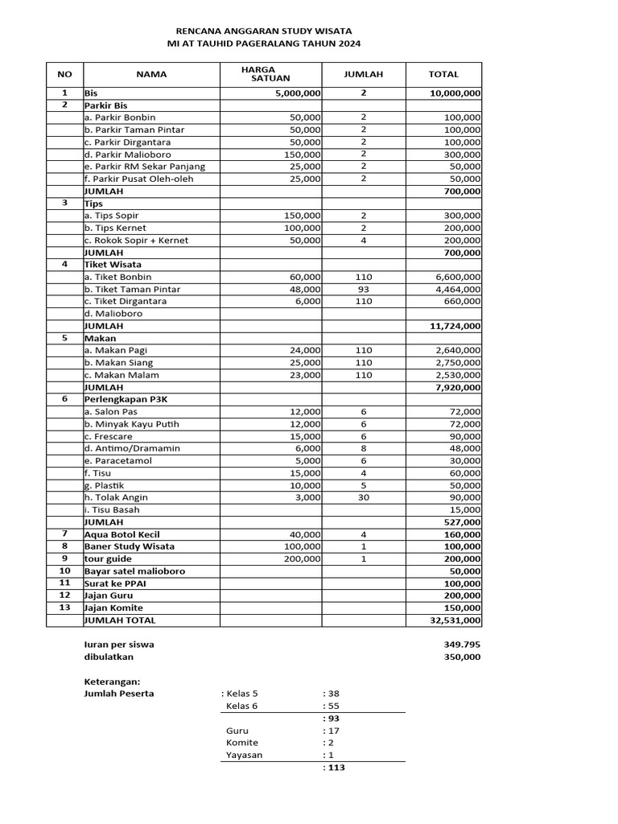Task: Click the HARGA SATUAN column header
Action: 270,74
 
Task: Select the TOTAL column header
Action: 443,74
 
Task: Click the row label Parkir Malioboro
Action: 127,154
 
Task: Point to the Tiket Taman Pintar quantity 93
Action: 363,289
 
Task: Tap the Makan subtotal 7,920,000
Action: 458,387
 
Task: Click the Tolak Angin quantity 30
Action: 363,497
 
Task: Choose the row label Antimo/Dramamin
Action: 132,448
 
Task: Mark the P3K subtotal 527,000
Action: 462,521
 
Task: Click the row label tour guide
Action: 109,558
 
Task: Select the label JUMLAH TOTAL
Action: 120,620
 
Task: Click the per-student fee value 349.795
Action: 462,645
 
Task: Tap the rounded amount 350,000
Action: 462,657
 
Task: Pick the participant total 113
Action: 334,768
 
